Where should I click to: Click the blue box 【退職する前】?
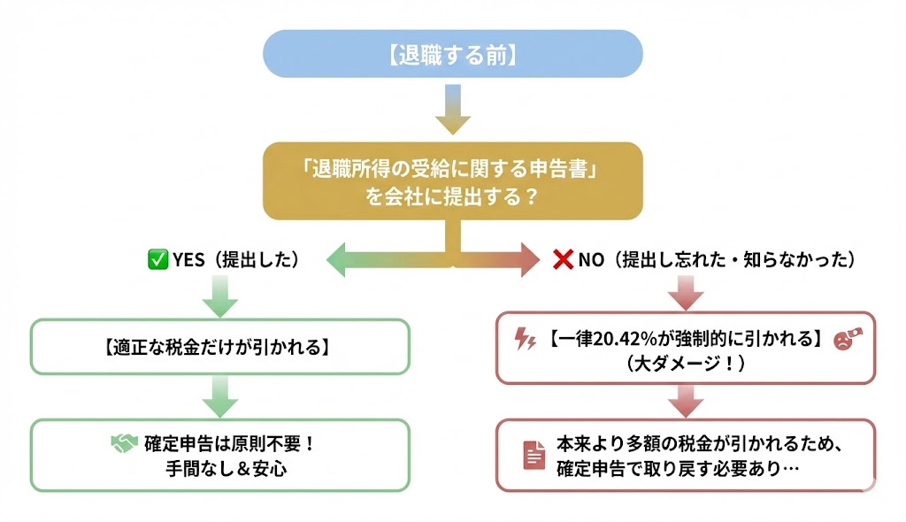pos(452,54)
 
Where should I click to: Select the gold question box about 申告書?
pos(452,180)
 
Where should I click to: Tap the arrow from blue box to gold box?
pos(452,110)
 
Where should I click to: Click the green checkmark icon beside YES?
pos(157,259)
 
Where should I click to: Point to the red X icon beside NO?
pos(563,259)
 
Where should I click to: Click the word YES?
pos(188,259)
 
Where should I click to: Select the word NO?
pos(591,259)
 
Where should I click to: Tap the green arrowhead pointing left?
pos(338,260)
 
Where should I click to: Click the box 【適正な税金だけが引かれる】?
pos(220,346)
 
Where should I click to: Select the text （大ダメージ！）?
pos(685,363)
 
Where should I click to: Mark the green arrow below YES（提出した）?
pos(220,296)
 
